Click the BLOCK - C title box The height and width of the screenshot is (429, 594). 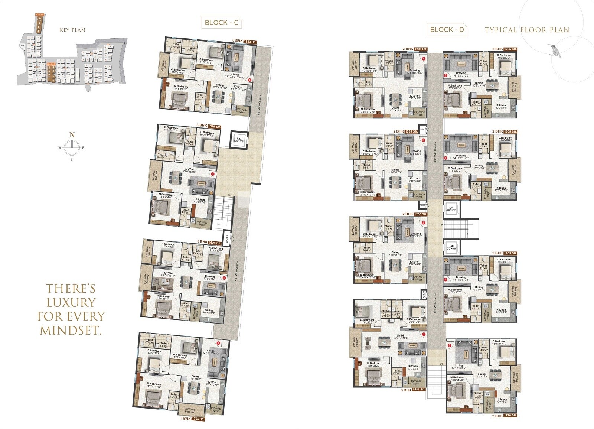point(222,22)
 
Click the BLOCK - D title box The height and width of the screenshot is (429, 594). point(447,30)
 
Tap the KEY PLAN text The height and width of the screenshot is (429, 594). point(72,30)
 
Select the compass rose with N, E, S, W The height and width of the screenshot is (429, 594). point(72,147)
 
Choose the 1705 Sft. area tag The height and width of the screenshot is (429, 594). point(198,419)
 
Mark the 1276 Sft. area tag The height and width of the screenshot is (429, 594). point(509,416)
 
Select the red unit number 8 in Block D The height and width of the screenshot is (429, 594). point(450,345)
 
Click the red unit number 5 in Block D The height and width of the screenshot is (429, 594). point(445,75)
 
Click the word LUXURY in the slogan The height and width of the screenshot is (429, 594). point(71,302)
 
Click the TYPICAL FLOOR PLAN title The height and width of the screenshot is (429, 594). point(527,30)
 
